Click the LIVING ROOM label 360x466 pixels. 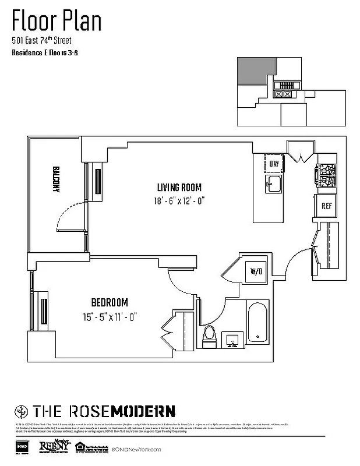tap(179, 188)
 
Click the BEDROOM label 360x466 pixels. tap(109, 302)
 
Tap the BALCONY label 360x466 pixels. tap(57, 181)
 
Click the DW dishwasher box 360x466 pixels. tap(274, 164)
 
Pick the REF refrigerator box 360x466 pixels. tap(326, 206)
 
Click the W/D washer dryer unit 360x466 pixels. tap(256, 271)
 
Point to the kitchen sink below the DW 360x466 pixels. tap(274, 186)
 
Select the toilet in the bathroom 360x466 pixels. tap(209, 336)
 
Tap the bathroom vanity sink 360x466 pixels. tap(234, 338)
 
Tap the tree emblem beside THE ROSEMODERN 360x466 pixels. tap(20, 410)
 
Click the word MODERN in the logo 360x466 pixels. tap(144, 410)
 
